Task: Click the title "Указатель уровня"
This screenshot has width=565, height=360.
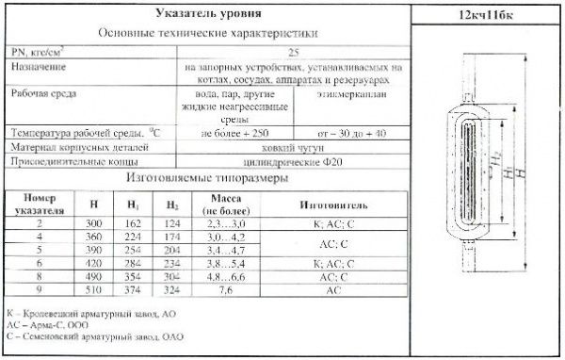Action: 206,14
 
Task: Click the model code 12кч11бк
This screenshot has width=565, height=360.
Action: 488,16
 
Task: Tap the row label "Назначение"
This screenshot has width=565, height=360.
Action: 39,70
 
